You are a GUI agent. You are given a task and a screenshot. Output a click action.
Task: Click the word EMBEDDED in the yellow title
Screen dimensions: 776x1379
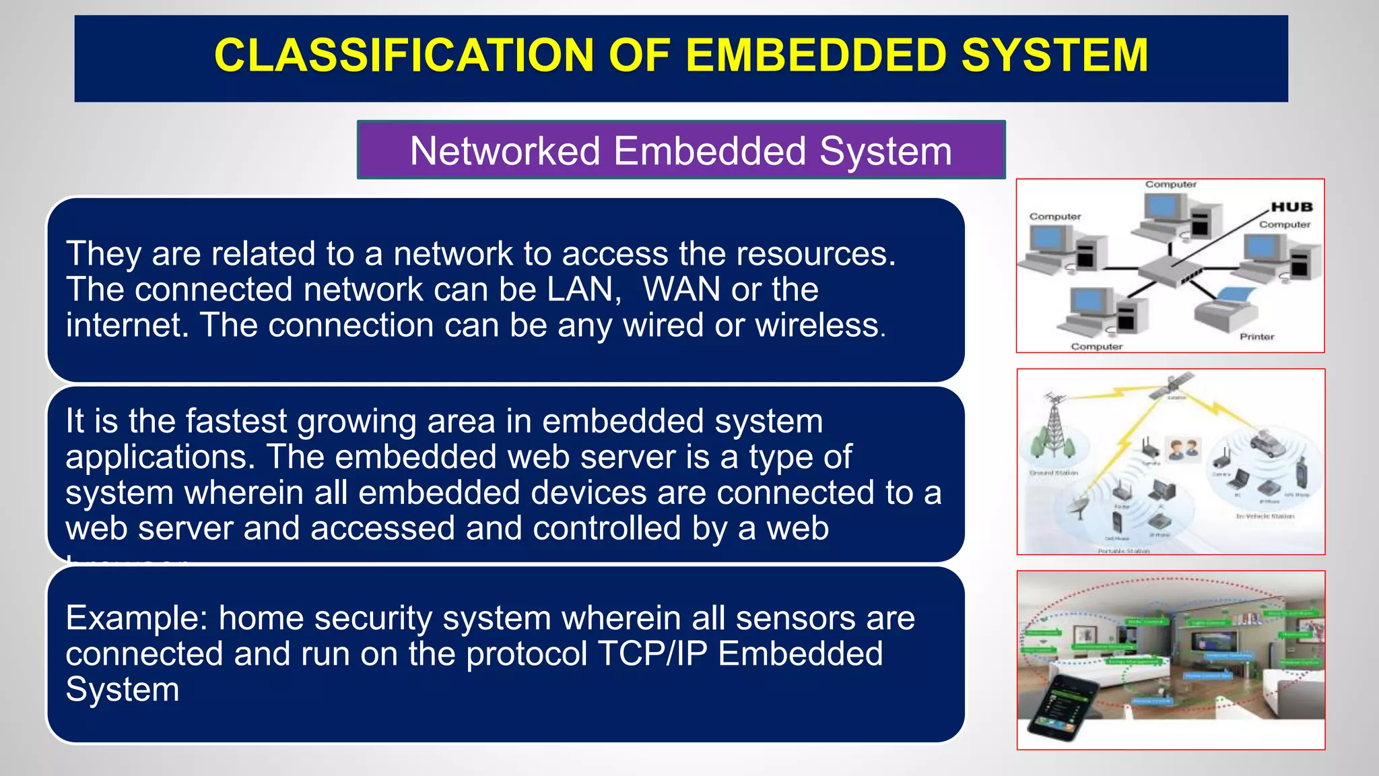[x=816, y=55]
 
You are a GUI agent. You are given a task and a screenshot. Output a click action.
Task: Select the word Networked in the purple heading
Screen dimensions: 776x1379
[x=505, y=151]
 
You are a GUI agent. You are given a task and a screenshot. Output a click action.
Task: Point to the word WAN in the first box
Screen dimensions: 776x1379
[x=681, y=290]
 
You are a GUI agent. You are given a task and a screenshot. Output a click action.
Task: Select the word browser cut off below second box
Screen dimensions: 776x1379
[x=128, y=558]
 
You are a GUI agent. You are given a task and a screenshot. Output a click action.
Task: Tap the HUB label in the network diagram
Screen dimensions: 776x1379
[x=1291, y=207]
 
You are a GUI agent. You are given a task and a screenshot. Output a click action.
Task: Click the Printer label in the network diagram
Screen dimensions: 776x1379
[x=1256, y=337]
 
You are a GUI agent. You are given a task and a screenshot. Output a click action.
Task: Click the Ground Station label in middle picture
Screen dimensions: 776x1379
[x=1054, y=473]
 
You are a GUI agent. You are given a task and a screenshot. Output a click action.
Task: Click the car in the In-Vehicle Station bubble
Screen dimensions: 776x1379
[x=1267, y=443]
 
